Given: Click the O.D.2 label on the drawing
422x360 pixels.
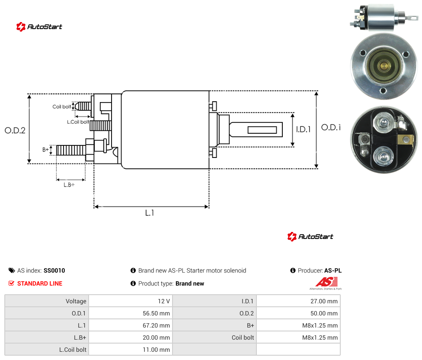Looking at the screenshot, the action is coord(15,130).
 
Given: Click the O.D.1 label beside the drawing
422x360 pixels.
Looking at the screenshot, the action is coord(331,127).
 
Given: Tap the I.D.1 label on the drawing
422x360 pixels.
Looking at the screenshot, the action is coord(304,129).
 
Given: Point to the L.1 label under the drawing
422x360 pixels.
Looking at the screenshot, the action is coord(150,213).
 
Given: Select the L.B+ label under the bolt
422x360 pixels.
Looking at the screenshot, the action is coord(69,185).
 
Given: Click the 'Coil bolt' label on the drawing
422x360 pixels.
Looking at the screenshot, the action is coord(62,106).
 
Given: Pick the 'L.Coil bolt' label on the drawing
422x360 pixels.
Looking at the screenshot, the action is coord(78,122).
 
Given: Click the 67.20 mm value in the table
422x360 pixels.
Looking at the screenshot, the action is coord(156,325).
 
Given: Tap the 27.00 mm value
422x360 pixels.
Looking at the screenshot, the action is coord(324,301).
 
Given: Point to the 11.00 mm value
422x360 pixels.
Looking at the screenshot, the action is coord(156,350).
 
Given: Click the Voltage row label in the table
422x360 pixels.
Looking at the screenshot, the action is coord(76,301).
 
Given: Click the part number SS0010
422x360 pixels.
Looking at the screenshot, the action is coord(54,270).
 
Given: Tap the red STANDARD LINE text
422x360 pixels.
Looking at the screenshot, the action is coord(40,283).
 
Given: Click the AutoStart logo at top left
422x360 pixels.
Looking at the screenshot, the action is coord(39,27).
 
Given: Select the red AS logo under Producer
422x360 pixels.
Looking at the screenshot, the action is coord(326,282).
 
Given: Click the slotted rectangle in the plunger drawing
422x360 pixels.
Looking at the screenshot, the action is coord(262,130).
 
